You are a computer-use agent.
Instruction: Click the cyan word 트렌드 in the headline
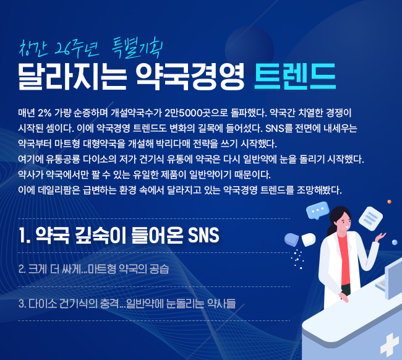(x=295, y=76)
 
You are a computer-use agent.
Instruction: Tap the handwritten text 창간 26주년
(x=59, y=48)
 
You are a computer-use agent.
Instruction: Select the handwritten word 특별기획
(x=137, y=48)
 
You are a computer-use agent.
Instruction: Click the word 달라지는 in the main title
(x=72, y=76)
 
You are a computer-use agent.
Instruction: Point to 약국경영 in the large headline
(x=190, y=76)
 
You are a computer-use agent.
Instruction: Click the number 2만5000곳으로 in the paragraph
(x=196, y=113)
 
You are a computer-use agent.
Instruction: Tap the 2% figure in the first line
(x=45, y=113)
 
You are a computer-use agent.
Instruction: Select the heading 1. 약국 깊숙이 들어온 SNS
(x=119, y=235)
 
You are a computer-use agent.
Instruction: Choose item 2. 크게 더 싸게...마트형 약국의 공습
(x=94, y=269)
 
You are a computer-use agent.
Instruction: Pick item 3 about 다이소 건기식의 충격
(x=127, y=303)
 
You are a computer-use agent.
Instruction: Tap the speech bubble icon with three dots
(x=318, y=210)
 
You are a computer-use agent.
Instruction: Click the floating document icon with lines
(x=370, y=218)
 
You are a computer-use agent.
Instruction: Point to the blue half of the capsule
(x=291, y=239)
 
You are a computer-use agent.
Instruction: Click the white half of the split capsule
(x=309, y=239)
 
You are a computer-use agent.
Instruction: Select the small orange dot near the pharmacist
(x=389, y=202)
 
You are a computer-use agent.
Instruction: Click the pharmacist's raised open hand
(x=380, y=237)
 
